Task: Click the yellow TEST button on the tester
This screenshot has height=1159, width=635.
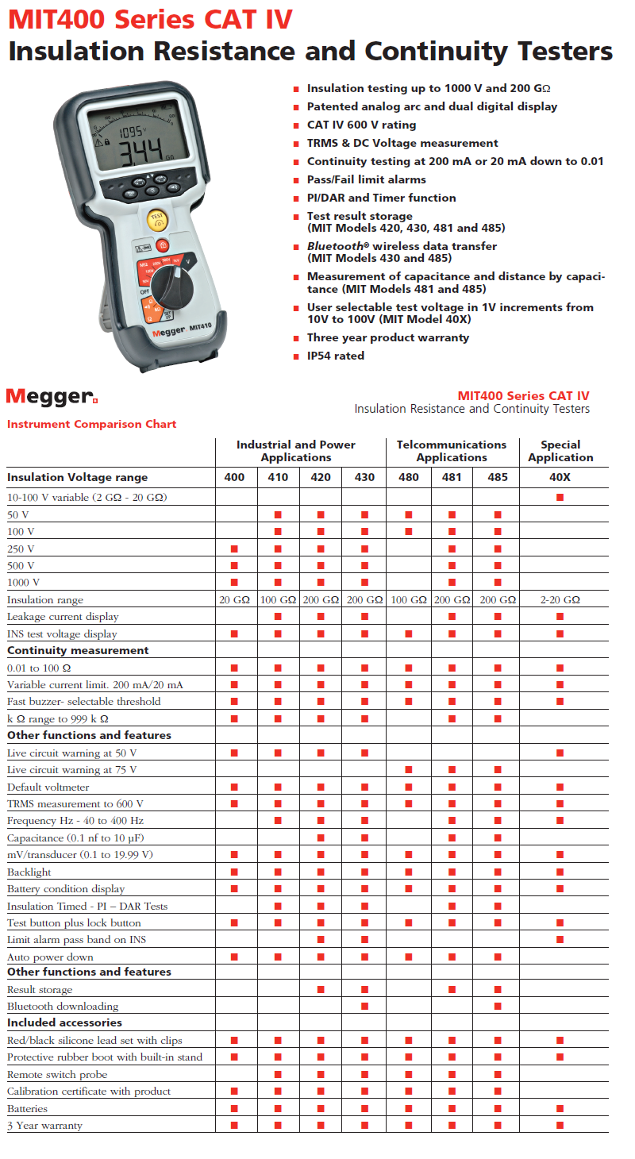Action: [x=156, y=218]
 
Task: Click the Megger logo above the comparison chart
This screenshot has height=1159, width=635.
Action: [x=52, y=396]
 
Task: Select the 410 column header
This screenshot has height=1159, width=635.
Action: [x=278, y=477]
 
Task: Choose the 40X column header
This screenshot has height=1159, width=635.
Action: [x=560, y=477]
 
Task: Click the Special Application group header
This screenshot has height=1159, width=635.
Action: [x=560, y=451]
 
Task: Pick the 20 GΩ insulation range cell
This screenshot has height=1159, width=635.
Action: [x=235, y=600]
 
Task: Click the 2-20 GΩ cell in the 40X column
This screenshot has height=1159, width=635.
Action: [x=560, y=600]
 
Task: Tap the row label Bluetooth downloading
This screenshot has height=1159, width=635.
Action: [x=63, y=1007]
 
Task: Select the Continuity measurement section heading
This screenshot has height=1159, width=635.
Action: [x=78, y=650]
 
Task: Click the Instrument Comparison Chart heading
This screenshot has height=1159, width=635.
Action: [x=92, y=424]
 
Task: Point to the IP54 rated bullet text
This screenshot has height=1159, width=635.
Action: [x=336, y=356]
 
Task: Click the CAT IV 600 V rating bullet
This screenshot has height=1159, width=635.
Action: [x=361, y=125]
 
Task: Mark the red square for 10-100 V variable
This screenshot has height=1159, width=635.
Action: [x=560, y=497]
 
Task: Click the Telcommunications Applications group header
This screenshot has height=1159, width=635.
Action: [x=452, y=451]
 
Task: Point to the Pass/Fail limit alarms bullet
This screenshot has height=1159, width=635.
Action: [x=367, y=179]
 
